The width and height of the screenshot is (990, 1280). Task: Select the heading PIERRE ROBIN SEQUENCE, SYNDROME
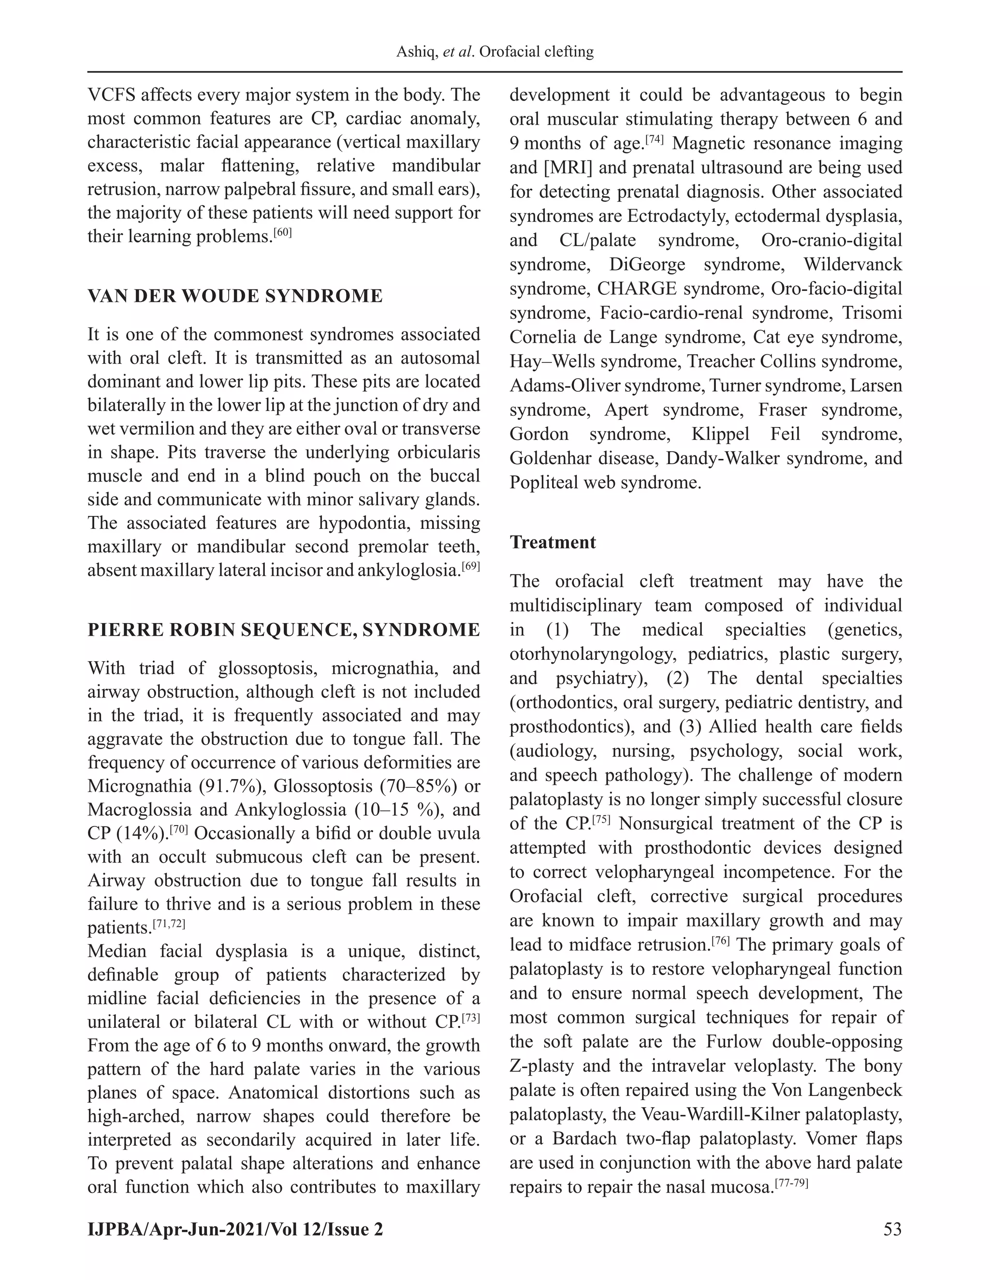coord(283,630)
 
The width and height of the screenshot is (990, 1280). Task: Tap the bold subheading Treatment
coord(553,542)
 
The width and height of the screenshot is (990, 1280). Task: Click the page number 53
coord(892,1229)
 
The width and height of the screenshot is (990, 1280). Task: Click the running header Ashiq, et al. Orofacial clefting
coord(495,52)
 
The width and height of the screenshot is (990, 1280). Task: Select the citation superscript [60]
coord(283,233)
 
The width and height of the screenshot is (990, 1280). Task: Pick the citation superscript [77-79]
coord(791,1183)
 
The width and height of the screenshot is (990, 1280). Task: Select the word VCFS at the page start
coord(110,95)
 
